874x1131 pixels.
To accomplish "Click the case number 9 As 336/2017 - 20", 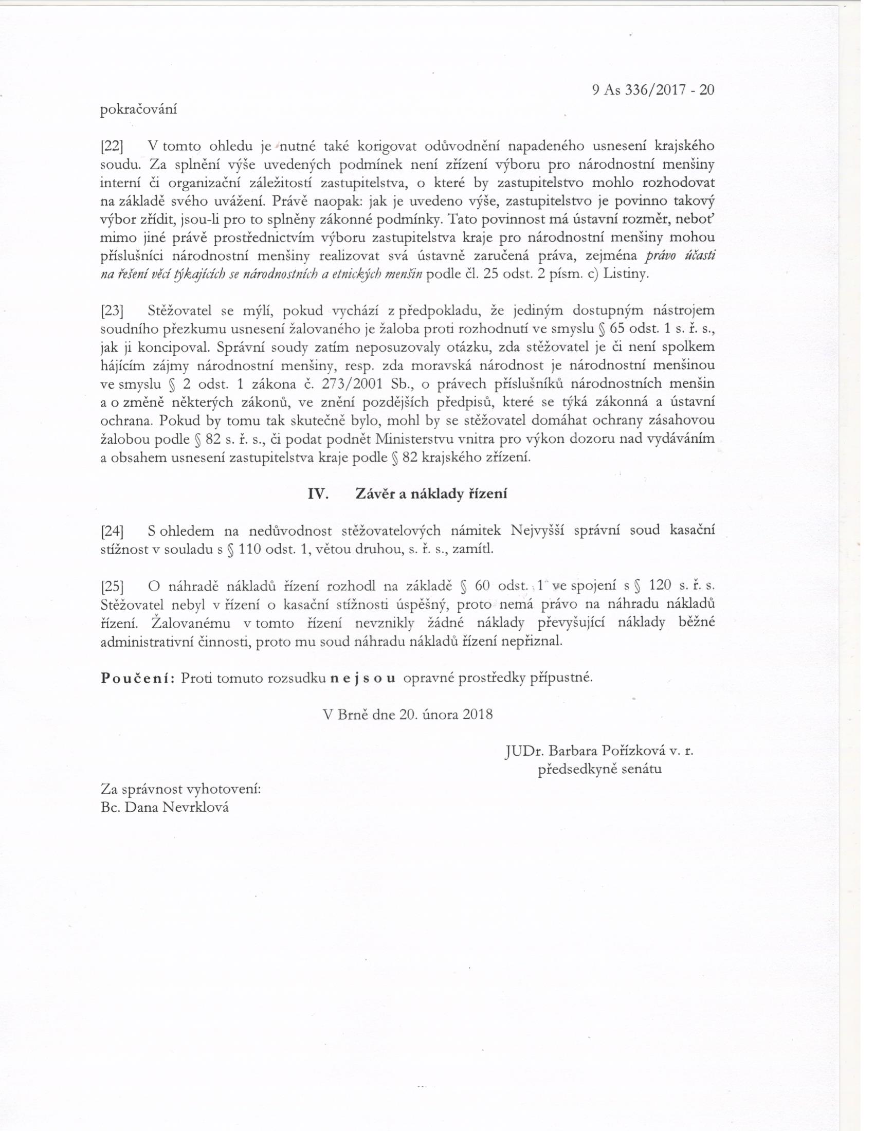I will (652, 90).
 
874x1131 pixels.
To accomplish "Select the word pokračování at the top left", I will (138, 110).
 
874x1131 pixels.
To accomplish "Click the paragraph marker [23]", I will (111, 311).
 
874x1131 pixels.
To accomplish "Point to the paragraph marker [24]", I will (111, 531).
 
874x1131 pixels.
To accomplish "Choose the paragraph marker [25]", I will (111, 586).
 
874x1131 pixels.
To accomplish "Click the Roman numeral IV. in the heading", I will (318, 494).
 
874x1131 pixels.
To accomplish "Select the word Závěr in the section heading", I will (376, 494).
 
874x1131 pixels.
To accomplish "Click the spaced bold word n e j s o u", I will (363, 678).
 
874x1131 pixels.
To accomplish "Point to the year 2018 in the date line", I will (478, 715).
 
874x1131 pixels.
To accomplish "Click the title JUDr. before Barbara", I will (524, 751).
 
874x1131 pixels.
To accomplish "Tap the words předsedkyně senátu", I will (599, 769).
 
